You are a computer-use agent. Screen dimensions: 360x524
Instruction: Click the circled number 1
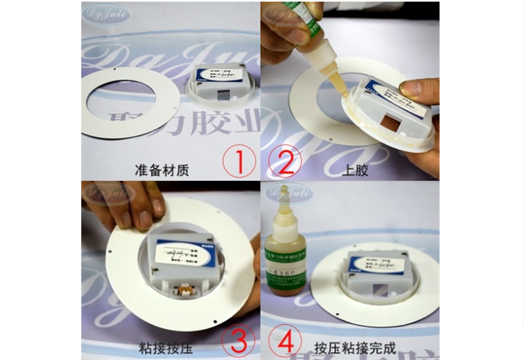click(239, 161)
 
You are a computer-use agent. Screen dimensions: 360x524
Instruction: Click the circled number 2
click(284, 161)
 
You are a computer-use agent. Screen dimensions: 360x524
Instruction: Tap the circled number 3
click(239, 340)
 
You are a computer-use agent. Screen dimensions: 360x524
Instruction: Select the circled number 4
click(284, 340)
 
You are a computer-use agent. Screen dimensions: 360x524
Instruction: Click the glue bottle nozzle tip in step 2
click(344, 94)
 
